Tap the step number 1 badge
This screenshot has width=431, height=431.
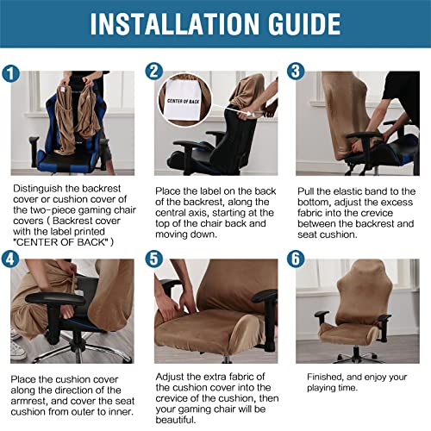pyautogui.click(x=12, y=72)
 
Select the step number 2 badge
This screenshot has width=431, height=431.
pyautogui.click(x=154, y=72)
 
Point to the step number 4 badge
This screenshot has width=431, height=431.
pyautogui.click(x=12, y=258)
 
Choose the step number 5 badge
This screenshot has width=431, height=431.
pyautogui.click(x=154, y=258)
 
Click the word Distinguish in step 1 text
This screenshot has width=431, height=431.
pyautogui.click(x=38, y=186)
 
